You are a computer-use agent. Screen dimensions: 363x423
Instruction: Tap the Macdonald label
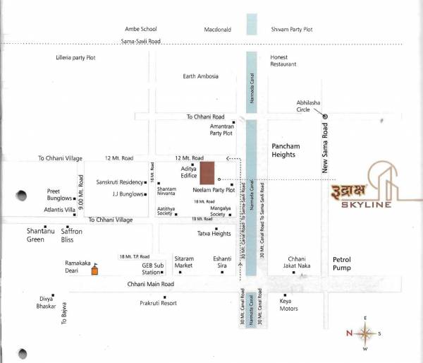(x=218, y=30)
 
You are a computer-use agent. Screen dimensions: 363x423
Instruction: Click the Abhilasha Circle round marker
(x=325, y=116)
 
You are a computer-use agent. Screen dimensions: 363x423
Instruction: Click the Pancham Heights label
(x=286, y=150)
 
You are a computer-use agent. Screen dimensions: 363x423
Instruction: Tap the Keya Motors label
(x=289, y=304)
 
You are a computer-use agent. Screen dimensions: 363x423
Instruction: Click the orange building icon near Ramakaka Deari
(x=96, y=268)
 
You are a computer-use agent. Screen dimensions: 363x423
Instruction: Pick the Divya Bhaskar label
(x=47, y=302)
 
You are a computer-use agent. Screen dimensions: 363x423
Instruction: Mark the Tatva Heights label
(x=215, y=234)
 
